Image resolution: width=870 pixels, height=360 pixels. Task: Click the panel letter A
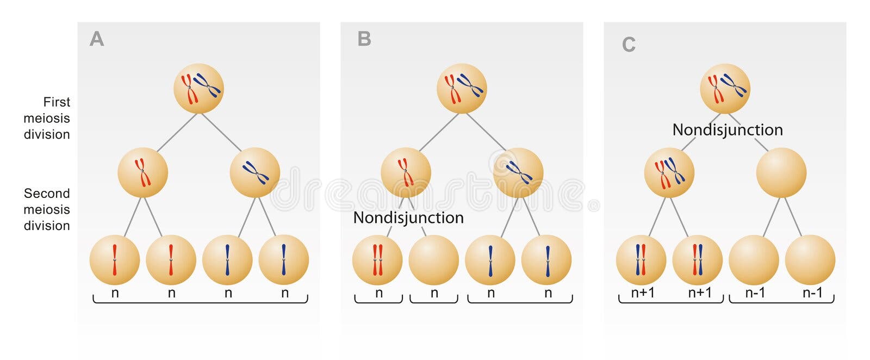(x=97, y=39)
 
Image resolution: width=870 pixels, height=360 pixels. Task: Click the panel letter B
(x=364, y=39)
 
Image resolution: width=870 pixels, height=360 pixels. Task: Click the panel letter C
(x=629, y=44)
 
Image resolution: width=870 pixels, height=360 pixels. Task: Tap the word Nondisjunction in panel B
(x=408, y=218)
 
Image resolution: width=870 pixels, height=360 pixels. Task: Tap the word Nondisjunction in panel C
(x=728, y=130)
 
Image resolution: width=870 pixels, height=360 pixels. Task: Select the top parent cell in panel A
(x=198, y=89)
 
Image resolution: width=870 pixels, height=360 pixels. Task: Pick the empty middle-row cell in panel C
(x=781, y=172)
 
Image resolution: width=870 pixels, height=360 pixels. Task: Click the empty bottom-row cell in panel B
(x=434, y=260)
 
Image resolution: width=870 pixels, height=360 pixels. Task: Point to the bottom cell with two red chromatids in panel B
(x=377, y=260)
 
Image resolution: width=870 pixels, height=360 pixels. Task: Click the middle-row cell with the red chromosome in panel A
(x=142, y=172)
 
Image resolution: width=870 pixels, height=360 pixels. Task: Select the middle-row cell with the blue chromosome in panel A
(x=255, y=172)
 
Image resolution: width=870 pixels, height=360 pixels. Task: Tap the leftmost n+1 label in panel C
(x=643, y=293)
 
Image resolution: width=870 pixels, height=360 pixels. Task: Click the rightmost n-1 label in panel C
(x=812, y=293)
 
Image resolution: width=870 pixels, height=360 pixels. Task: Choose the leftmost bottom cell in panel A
(x=115, y=260)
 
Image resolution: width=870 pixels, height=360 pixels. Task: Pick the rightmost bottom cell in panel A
(x=283, y=260)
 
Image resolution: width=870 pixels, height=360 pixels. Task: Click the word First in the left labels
(x=57, y=102)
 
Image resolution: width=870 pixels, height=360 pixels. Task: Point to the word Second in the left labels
(x=47, y=194)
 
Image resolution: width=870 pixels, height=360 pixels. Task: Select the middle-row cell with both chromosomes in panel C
(x=669, y=172)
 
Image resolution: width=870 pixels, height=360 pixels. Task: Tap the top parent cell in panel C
(x=725, y=89)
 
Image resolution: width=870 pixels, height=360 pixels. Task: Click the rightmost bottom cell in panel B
(x=546, y=260)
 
